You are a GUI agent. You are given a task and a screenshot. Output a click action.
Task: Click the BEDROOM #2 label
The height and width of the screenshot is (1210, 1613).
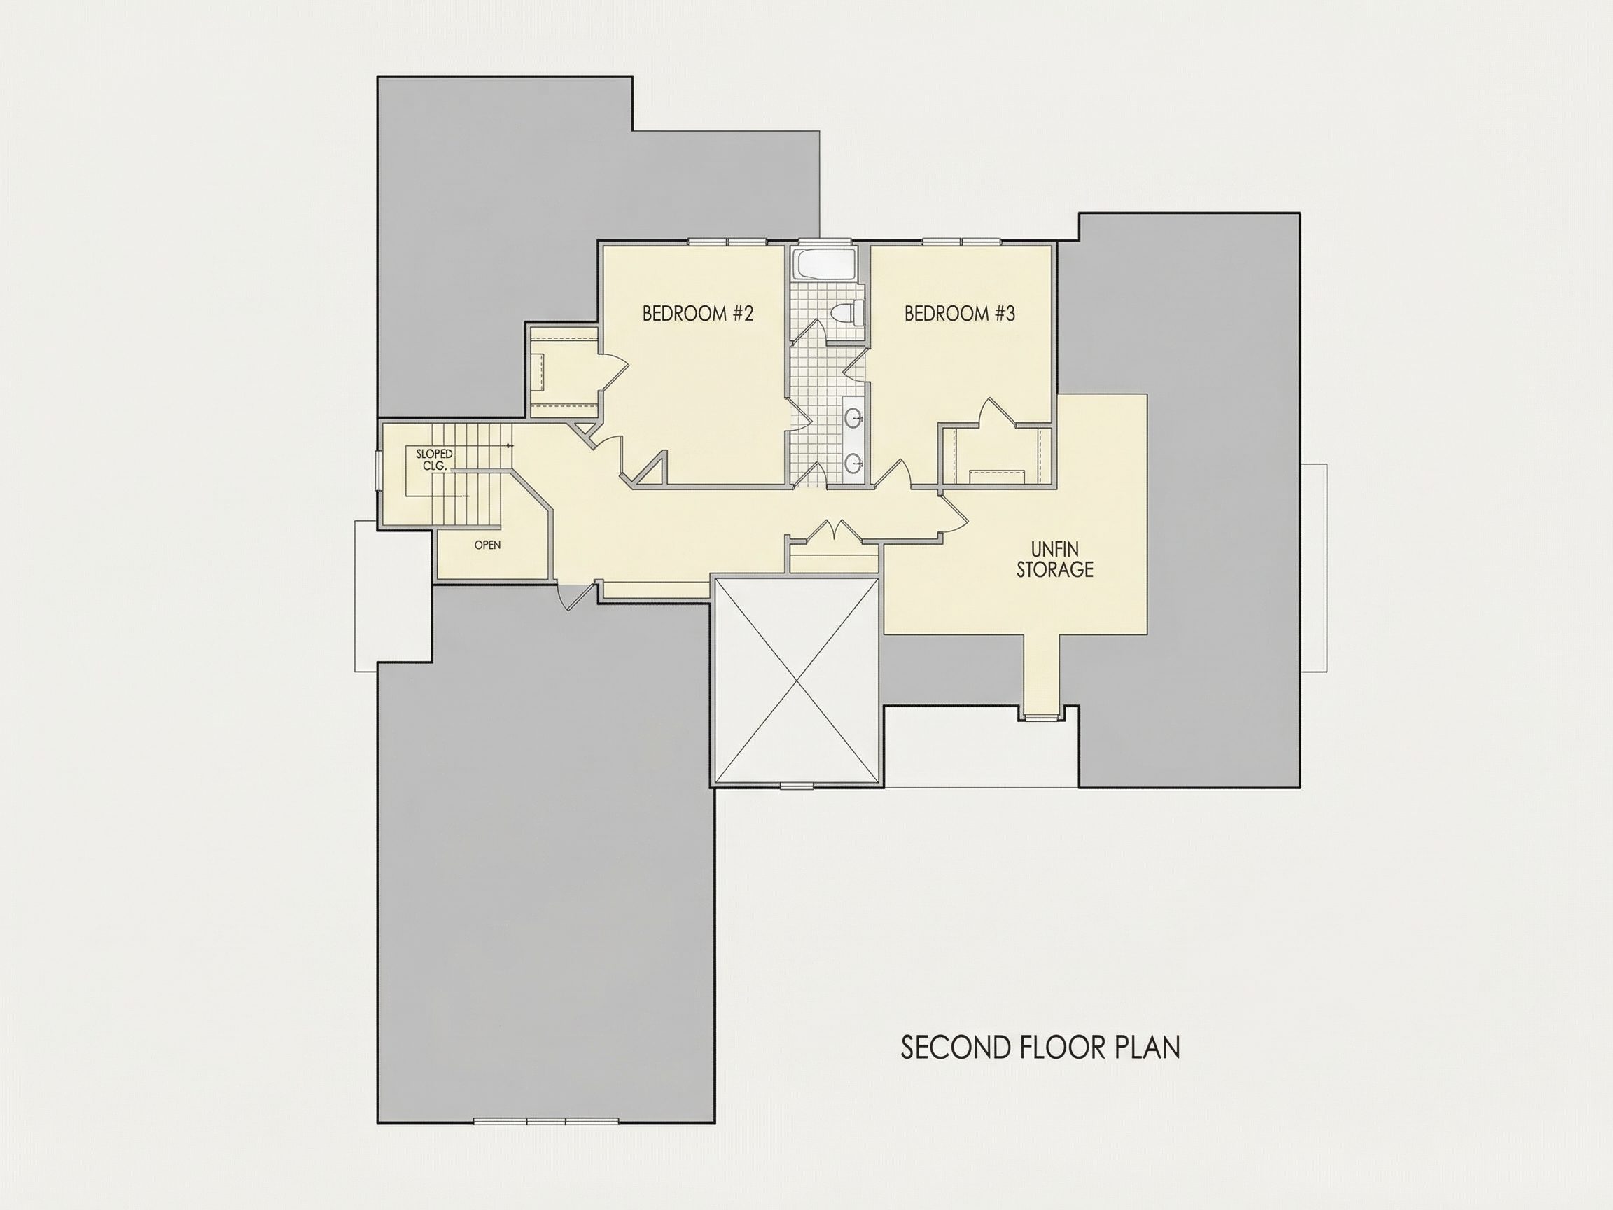tap(697, 314)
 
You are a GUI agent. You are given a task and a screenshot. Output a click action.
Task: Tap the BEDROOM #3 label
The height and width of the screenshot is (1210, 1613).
tap(960, 314)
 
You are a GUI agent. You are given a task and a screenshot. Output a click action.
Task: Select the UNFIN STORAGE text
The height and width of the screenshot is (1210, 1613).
tap(1055, 559)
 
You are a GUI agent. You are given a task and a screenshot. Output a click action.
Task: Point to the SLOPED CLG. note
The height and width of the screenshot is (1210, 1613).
tap(434, 459)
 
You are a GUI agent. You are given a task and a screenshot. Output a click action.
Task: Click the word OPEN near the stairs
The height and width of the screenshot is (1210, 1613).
tap(487, 545)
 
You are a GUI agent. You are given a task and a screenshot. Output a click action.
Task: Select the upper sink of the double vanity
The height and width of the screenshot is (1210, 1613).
tap(854, 418)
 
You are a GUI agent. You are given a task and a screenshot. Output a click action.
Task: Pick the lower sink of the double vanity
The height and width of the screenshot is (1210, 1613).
tap(854, 462)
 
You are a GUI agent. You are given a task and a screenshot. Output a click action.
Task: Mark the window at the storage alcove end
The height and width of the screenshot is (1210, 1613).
tap(1041, 718)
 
